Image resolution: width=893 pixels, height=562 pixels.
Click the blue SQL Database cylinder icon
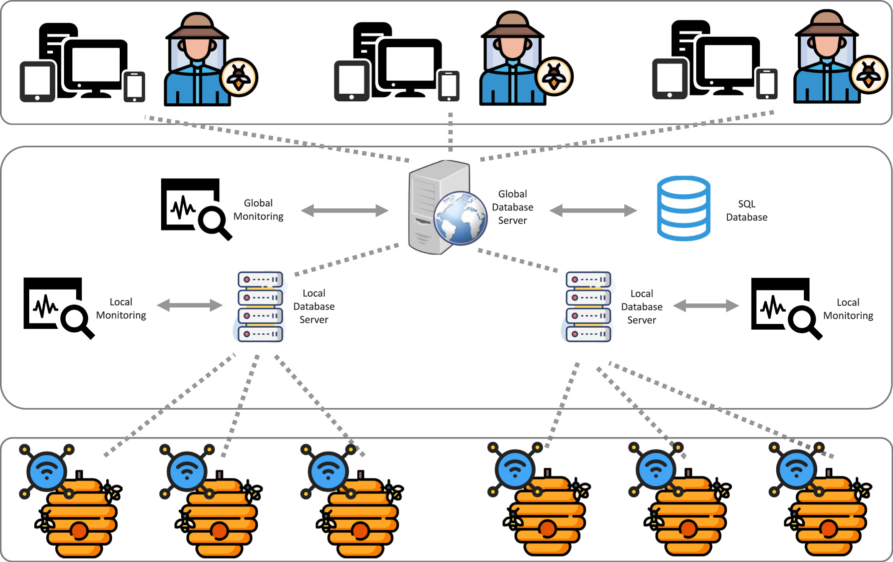[683, 208]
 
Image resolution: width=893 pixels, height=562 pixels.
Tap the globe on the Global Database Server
[460, 218]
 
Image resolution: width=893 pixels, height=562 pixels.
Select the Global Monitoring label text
[258, 210]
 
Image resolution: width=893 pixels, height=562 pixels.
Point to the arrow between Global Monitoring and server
[344, 210]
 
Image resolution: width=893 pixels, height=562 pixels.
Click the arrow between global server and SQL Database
[593, 210]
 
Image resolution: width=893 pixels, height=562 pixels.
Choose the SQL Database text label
[747, 210]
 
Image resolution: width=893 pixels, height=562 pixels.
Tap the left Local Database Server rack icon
[260, 307]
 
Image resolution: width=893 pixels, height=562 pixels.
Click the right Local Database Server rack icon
[588, 307]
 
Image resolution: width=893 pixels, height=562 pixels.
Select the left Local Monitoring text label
[121, 308]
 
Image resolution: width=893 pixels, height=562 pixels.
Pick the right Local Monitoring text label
[848, 309]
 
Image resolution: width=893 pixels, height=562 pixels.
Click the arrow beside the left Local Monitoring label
[190, 305]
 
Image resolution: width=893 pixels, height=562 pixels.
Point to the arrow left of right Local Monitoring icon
[706, 305]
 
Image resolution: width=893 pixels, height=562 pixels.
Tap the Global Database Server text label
[512, 207]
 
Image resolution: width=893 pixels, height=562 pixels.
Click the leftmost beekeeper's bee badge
[239, 77]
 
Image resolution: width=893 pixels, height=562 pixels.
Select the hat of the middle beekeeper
[512, 25]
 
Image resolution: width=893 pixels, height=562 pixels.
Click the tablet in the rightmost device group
[670, 79]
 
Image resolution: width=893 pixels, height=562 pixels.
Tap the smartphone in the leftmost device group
[134, 87]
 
